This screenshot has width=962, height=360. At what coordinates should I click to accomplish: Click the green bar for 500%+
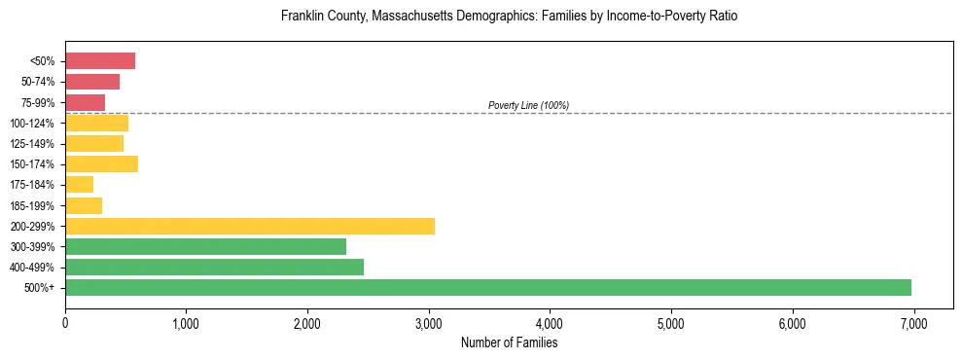click(x=488, y=287)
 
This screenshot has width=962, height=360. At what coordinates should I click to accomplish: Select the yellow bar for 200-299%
click(x=250, y=226)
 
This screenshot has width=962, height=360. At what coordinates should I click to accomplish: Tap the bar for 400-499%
click(x=214, y=267)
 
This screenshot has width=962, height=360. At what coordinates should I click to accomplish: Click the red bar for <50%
click(x=100, y=61)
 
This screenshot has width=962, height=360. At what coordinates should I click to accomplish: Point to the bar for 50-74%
click(x=92, y=82)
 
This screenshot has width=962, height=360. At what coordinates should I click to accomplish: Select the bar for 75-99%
click(x=85, y=102)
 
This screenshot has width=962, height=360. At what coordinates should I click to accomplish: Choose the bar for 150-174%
click(x=101, y=163)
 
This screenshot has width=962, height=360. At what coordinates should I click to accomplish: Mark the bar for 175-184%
click(x=79, y=184)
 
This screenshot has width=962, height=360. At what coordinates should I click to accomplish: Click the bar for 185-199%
click(x=84, y=205)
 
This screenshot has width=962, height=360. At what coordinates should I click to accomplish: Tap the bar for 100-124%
click(x=96, y=123)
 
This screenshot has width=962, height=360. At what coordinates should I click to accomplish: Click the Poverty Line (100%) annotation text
click(x=528, y=105)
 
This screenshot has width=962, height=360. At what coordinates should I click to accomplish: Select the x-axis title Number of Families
click(x=509, y=342)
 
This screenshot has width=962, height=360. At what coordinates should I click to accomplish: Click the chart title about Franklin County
click(x=509, y=17)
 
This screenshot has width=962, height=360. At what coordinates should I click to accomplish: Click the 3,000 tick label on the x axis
click(x=429, y=323)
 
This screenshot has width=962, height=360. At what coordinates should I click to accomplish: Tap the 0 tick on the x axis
click(x=65, y=323)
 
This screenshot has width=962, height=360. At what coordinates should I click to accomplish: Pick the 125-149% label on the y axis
click(x=32, y=144)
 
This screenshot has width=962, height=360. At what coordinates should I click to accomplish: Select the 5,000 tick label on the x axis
click(x=671, y=323)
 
